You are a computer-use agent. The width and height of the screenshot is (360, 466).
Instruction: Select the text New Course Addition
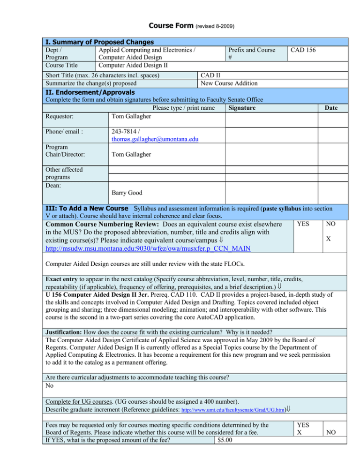pos(229,83)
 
